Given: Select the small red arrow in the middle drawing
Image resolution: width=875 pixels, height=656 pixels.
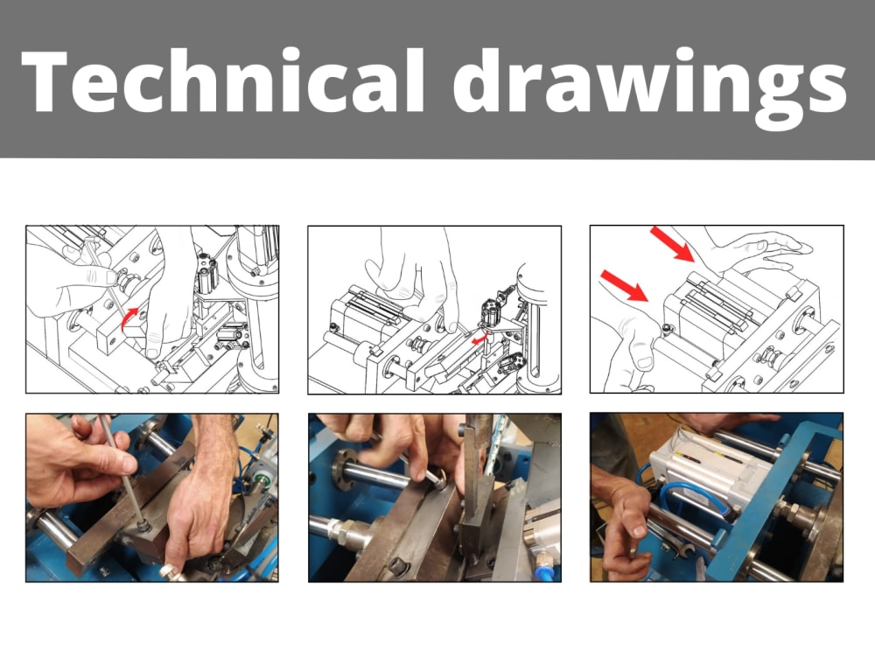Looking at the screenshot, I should [479, 338].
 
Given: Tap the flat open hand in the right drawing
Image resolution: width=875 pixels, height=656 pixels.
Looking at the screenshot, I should [752, 254].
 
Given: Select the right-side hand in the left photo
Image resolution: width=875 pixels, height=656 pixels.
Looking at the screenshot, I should [201, 507].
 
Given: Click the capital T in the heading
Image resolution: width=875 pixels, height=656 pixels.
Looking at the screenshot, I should [48, 80].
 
